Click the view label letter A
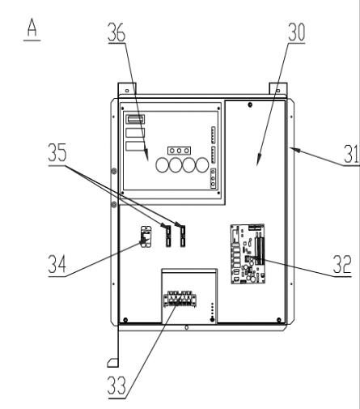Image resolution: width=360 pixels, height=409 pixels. click(32, 28)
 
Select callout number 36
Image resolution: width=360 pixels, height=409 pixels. click(116, 32)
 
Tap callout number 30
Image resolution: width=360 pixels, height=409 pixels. click(297, 32)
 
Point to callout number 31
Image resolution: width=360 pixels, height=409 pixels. click(351, 154)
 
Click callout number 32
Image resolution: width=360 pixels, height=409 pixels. click(342, 264)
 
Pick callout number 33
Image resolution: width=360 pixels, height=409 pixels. click(116, 386)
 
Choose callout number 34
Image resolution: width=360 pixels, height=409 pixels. click(57, 264)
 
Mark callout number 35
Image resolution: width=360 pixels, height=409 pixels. click(57, 152)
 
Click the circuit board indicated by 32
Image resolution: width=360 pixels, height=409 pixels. click(248, 253)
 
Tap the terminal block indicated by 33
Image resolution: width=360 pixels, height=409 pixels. click(180, 299)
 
